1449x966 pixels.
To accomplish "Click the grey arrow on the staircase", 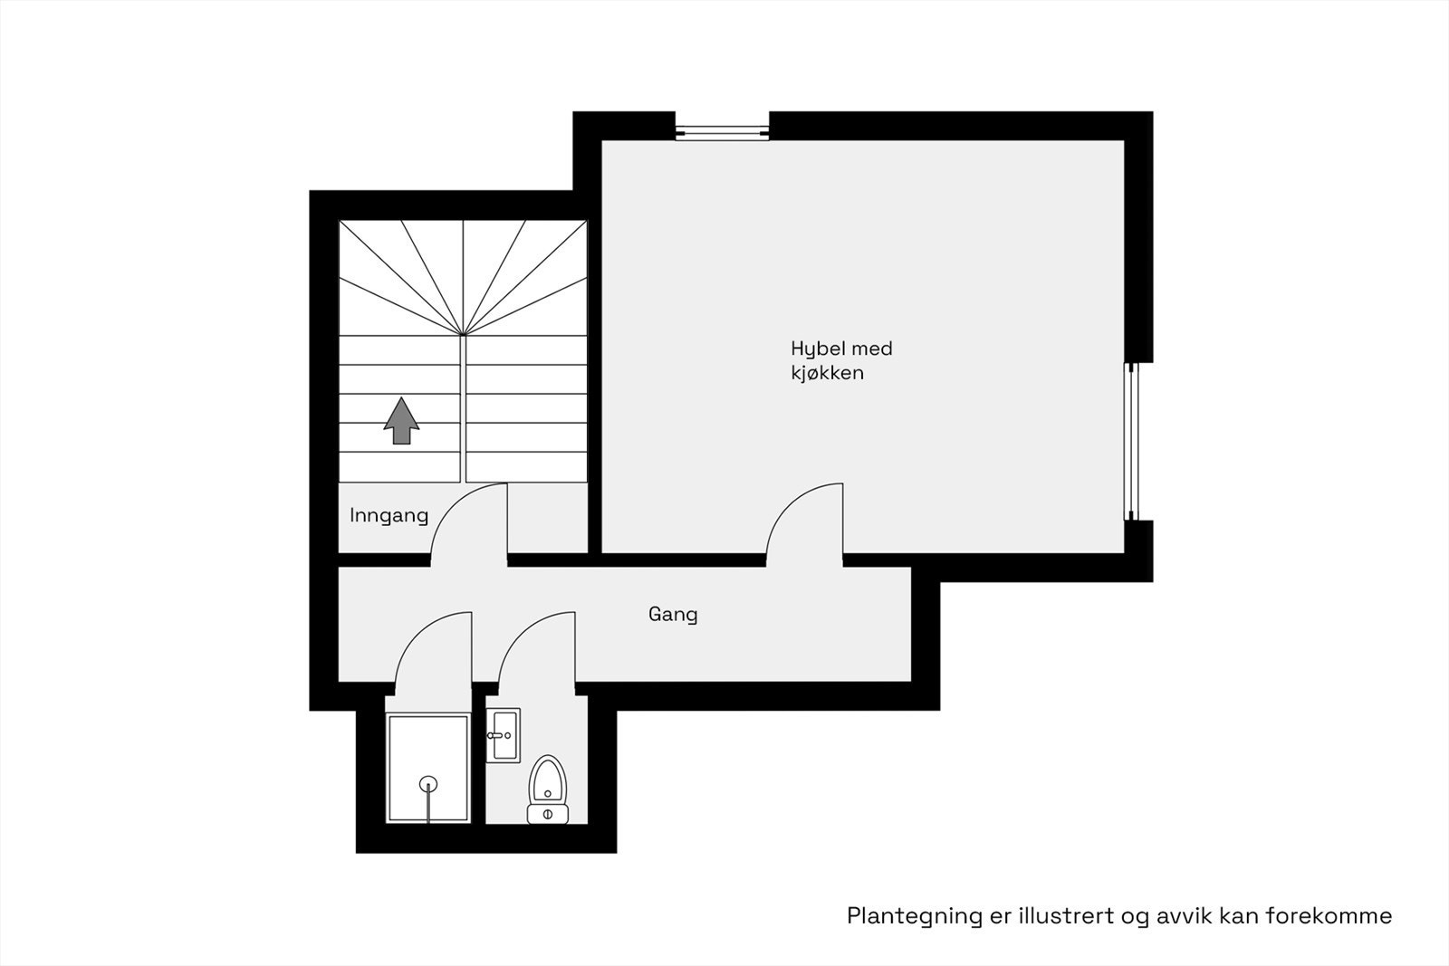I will click(401, 422).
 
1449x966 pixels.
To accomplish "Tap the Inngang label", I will click(389, 516).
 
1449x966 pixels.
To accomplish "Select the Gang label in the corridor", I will click(673, 615).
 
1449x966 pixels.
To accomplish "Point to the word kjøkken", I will click(827, 373).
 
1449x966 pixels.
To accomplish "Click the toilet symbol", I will click(547, 789).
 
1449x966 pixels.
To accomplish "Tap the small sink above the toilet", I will click(503, 735).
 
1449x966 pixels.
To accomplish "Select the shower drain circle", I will click(427, 784).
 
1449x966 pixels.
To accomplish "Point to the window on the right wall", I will click(1130, 442).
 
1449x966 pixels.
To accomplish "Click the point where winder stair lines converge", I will click(463, 335).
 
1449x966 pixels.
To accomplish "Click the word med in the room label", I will click(873, 349).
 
